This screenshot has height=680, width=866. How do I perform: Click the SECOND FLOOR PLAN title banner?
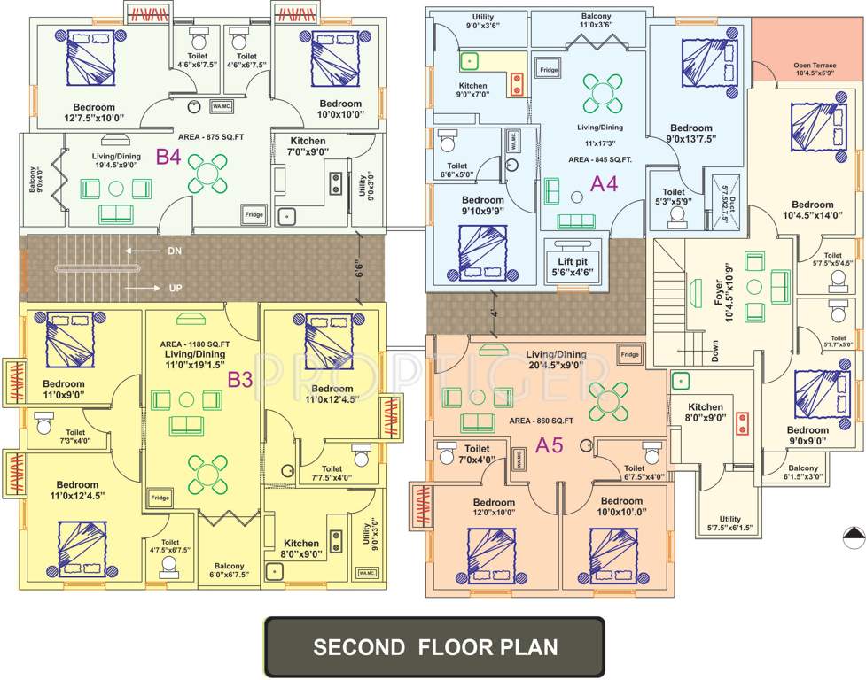pos(434,647)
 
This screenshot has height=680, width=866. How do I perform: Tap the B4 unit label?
pos(169,158)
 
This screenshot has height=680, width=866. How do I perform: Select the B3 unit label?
pos(240,380)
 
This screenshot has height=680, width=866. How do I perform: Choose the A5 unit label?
pos(550,445)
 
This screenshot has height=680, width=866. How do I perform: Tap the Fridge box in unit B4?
pos(254,213)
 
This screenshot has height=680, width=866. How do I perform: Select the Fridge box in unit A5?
pos(629,354)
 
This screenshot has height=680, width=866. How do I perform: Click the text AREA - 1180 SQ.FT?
pos(195,344)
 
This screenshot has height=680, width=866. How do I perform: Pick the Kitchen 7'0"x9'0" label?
pos(308,146)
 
